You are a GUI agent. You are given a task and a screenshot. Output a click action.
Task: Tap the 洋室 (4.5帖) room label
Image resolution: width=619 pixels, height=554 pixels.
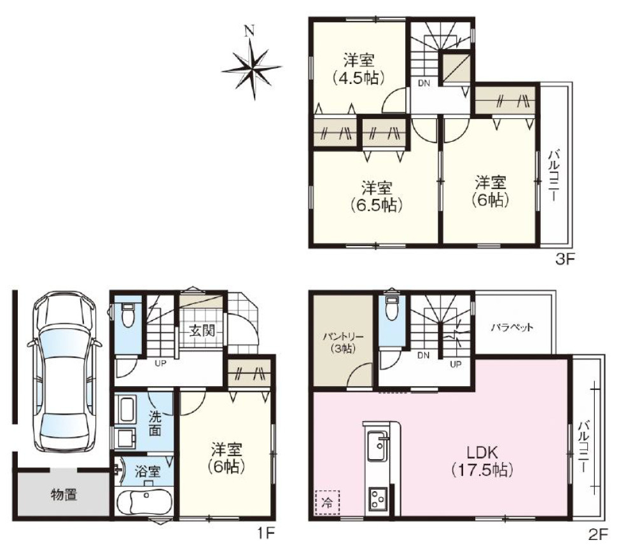click(x=358, y=69)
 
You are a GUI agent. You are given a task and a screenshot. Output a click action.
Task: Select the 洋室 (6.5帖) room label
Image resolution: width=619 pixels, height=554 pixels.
click(x=377, y=196)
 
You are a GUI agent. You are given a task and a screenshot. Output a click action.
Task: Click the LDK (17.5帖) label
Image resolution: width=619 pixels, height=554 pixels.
click(x=482, y=461)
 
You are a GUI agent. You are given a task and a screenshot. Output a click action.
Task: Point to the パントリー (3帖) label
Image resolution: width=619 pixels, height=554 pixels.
click(x=343, y=342)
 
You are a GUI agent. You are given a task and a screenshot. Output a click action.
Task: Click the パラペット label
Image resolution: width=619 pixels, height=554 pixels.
click(x=513, y=327)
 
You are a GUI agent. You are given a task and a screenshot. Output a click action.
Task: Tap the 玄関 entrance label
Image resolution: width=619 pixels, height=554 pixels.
click(x=202, y=330)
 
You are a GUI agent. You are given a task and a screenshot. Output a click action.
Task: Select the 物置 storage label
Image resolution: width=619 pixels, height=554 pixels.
click(x=64, y=494)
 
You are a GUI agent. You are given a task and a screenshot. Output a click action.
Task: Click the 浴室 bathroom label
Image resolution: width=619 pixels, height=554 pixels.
click(x=147, y=471)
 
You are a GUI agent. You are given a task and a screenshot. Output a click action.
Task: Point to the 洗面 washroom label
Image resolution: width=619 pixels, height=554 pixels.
click(x=155, y=423)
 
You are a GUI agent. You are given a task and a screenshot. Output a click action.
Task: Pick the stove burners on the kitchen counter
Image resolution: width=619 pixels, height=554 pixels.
click(x=378, y=499)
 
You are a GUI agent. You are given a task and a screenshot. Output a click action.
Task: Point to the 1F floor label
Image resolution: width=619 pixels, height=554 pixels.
click(x=266, y=534)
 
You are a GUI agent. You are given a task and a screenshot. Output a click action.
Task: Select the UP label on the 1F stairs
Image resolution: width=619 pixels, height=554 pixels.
click(x=160, y=363)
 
